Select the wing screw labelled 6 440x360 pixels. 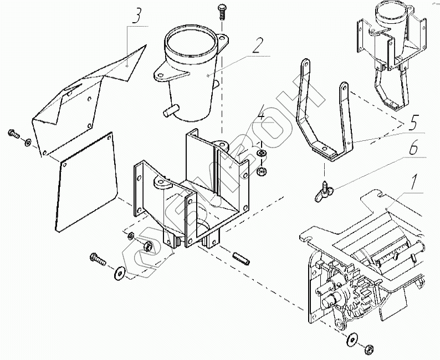[x=325, y=191]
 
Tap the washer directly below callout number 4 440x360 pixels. [x=261, y=152]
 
